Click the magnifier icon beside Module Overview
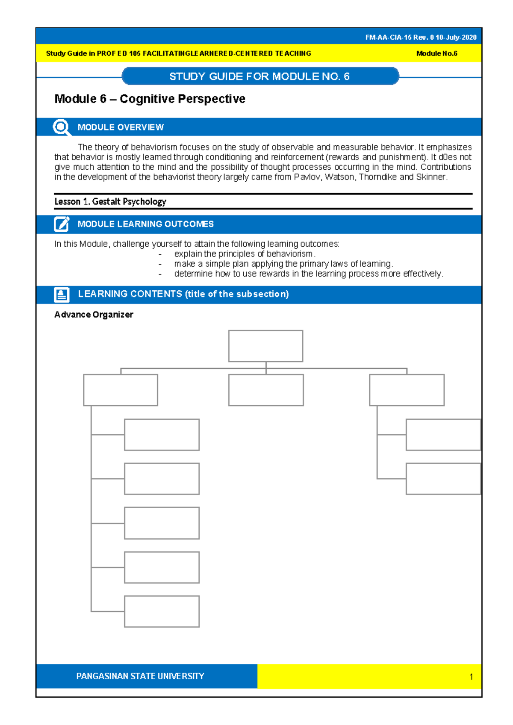[x=62, y=127]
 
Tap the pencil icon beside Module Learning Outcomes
[x=62, y=224]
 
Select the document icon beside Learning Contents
[x=62, y=295]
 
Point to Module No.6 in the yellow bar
[x=436, y=54]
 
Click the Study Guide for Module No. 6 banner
[x=260, y=77]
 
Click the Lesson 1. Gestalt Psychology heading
[x=110, y=202]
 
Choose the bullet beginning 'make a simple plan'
[x=283, y=264]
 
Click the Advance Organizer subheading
[x=94, y=315]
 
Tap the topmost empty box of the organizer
[x=265, y=346]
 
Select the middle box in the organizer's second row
[x=265, y=390]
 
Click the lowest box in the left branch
[x=162, y=611]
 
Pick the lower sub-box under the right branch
[x=443, y=479]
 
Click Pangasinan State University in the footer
[x=140, y=676]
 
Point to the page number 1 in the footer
[x=471, y=677]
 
